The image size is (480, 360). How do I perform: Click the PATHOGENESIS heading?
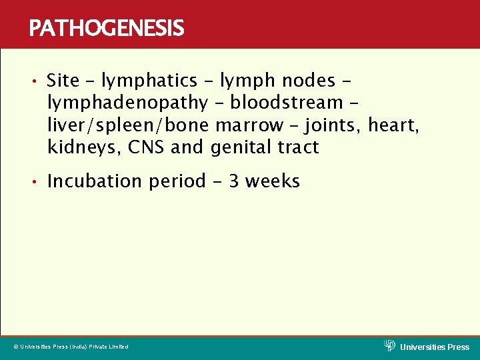coord(107,28)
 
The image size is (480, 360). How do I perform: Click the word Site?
coord(63,81)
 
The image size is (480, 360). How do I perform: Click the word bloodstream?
coord(286,103)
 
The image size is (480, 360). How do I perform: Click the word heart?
coord(397,125)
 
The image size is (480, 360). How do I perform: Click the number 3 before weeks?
coord(235,181)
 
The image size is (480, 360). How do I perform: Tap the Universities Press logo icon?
coord(390,345)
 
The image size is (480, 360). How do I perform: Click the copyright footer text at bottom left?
coord(71,347)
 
